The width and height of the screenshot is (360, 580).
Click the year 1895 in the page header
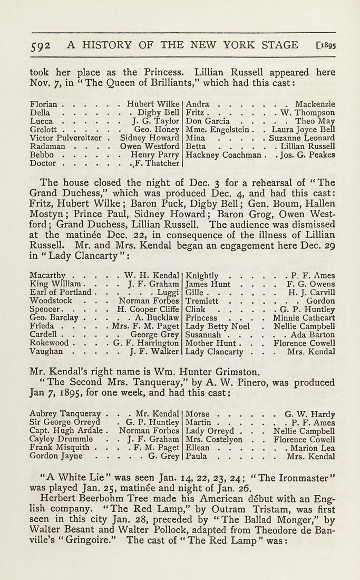pyautogui.click(x=326, y=45)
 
